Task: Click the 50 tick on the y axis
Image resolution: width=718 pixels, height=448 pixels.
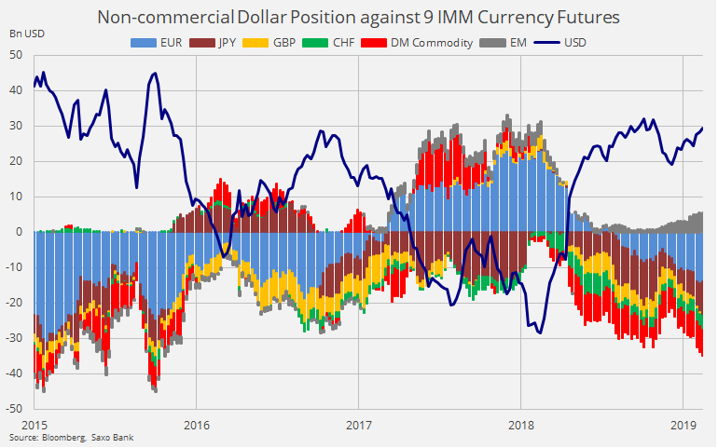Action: coord(17,55)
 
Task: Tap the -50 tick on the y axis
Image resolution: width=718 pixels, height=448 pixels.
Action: coord(15,408)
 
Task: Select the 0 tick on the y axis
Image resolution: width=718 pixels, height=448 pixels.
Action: coord(21,232)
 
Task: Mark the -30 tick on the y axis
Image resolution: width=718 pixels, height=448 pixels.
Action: coord(15,338)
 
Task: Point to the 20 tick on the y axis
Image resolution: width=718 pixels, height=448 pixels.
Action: coord(17,161)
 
